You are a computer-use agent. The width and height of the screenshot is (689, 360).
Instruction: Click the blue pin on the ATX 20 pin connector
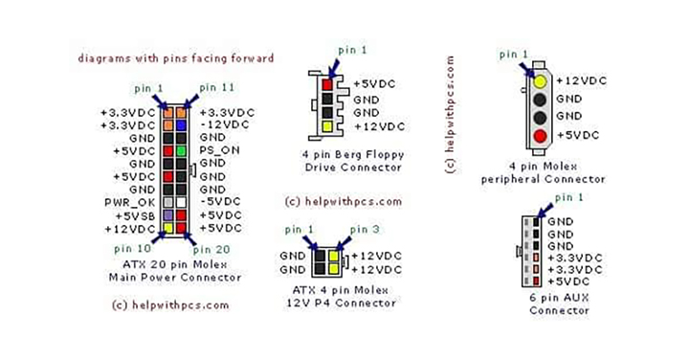click(181, 125)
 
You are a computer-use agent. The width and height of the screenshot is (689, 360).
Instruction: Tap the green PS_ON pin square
click(181, 151)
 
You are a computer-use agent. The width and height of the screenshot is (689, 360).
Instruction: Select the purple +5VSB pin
click(167, 215)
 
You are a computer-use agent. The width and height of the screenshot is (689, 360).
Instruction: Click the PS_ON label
click(220, 150)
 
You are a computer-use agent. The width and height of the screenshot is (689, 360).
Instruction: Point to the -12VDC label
click(224, 124)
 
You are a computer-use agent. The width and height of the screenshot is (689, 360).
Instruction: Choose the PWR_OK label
click(130, 203)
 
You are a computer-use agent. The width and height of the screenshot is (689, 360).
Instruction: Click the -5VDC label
click(220, 202)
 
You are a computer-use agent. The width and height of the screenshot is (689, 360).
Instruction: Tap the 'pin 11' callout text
click(217, 87)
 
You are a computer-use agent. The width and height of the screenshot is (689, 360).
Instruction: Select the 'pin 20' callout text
click(211, 250)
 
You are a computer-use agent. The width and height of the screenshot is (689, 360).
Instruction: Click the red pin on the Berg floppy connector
click(327, 84)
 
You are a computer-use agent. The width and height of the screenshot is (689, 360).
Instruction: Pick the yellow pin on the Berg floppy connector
click(327, 126)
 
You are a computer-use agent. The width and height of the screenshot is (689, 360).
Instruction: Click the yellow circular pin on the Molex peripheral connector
click(540, 81)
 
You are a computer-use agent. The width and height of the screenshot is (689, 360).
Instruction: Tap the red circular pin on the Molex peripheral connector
click(540, 136)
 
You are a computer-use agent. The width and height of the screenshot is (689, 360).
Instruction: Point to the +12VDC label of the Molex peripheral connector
click(582, 80)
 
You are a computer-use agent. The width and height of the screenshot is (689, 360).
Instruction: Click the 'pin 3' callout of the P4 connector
click(365, 230)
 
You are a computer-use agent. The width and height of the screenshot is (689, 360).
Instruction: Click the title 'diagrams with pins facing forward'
click(176, 58)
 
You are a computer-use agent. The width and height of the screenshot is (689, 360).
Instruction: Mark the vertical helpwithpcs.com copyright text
click(450, 115)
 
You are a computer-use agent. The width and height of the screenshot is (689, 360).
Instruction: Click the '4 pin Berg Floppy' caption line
click(353, 155)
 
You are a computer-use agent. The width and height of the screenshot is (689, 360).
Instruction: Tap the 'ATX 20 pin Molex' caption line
click(175, 265)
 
